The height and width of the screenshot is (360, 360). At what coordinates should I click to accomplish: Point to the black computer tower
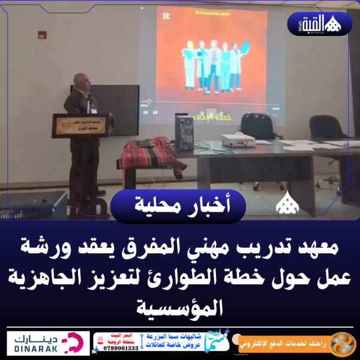click(184, 133)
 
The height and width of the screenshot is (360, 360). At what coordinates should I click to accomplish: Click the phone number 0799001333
click(120, 347)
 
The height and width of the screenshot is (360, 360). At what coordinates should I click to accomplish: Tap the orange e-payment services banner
click(294, 343)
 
